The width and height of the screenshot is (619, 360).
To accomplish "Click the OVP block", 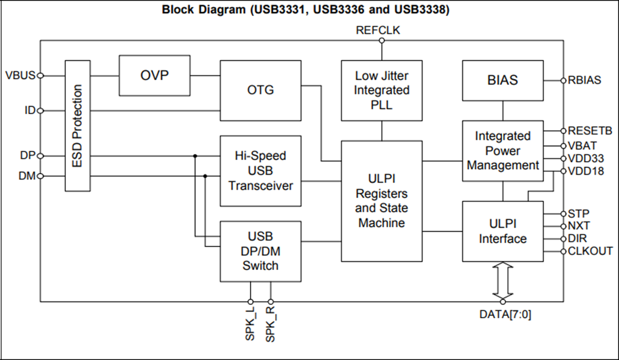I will (155, 76).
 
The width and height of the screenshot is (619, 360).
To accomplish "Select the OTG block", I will (261, 91).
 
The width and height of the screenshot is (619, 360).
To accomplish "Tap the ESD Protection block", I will (78, 126).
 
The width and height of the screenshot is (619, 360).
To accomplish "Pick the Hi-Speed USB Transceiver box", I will (261, 171).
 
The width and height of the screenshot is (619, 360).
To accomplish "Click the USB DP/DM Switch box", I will (261, 251).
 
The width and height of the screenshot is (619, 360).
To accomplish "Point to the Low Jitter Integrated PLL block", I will (382, 91).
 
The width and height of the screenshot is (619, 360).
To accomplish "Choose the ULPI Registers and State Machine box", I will (382, 201).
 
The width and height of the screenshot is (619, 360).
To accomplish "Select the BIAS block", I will (503, 80).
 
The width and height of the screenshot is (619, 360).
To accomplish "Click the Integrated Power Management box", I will (503, 151).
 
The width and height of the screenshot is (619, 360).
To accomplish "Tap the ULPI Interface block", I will (503, 231).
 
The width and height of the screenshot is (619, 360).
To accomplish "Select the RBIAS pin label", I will (585, 80).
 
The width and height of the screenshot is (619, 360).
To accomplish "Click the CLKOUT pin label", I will (590, 251).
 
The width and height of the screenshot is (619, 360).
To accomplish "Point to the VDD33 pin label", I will (585, 158).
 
